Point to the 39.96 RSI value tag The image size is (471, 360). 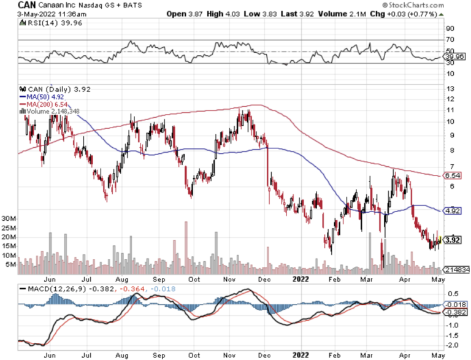click(x=454, y=56)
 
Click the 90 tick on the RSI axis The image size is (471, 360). click(x=450, y=28)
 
